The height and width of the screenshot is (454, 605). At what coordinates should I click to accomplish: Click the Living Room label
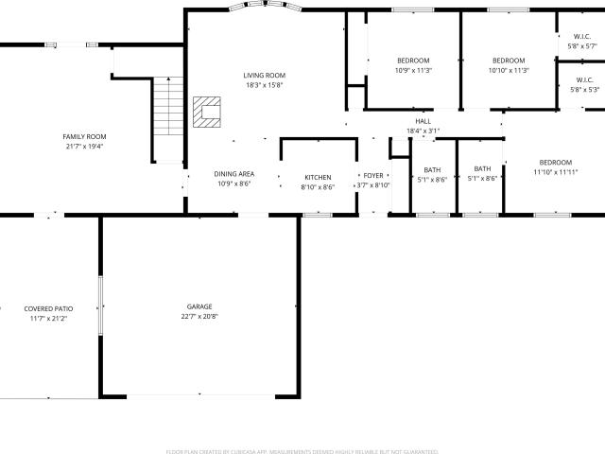click(x=265, y=76)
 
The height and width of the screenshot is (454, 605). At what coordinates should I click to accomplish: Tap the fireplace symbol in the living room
click(x=207, y=112)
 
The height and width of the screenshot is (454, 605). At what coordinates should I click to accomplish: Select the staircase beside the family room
click(x=168, y=106)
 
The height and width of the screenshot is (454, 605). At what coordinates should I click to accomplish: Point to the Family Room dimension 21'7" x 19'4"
click(x=84, y=147)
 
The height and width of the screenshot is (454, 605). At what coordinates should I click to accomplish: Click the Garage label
click(x=199, y=306)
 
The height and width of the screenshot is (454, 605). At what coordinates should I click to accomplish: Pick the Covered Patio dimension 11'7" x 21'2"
click(x=48, y=319)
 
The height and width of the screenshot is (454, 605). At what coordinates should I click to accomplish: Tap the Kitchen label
click(x=318, y=177)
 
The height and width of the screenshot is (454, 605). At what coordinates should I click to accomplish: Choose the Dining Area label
click(x=234, y=174)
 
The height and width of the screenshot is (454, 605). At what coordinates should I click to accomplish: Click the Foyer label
click(x=373, y=176)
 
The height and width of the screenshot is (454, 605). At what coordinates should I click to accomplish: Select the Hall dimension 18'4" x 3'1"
click(x=423, y=131)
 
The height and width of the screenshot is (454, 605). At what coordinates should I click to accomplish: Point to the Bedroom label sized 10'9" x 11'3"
click(x=413, y=61)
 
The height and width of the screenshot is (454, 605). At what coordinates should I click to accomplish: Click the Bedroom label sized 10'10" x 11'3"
click(x=509, y=61)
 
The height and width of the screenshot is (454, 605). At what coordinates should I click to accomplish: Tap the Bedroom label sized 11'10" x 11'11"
click(x=556, y=163)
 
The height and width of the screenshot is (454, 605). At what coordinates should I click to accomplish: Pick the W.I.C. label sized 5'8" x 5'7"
click(x=582, y=37)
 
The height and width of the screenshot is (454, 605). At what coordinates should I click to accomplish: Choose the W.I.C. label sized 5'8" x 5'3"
click(x=585, y=79)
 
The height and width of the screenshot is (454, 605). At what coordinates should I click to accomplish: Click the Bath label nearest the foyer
click(x=432, y=170)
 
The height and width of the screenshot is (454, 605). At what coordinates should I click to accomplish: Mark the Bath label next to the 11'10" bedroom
click(x=482, y=168)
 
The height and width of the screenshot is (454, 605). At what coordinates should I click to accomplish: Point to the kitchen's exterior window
click(x=318, y=215)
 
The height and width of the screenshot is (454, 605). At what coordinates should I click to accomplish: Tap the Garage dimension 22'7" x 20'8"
click(x=199, y=317)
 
